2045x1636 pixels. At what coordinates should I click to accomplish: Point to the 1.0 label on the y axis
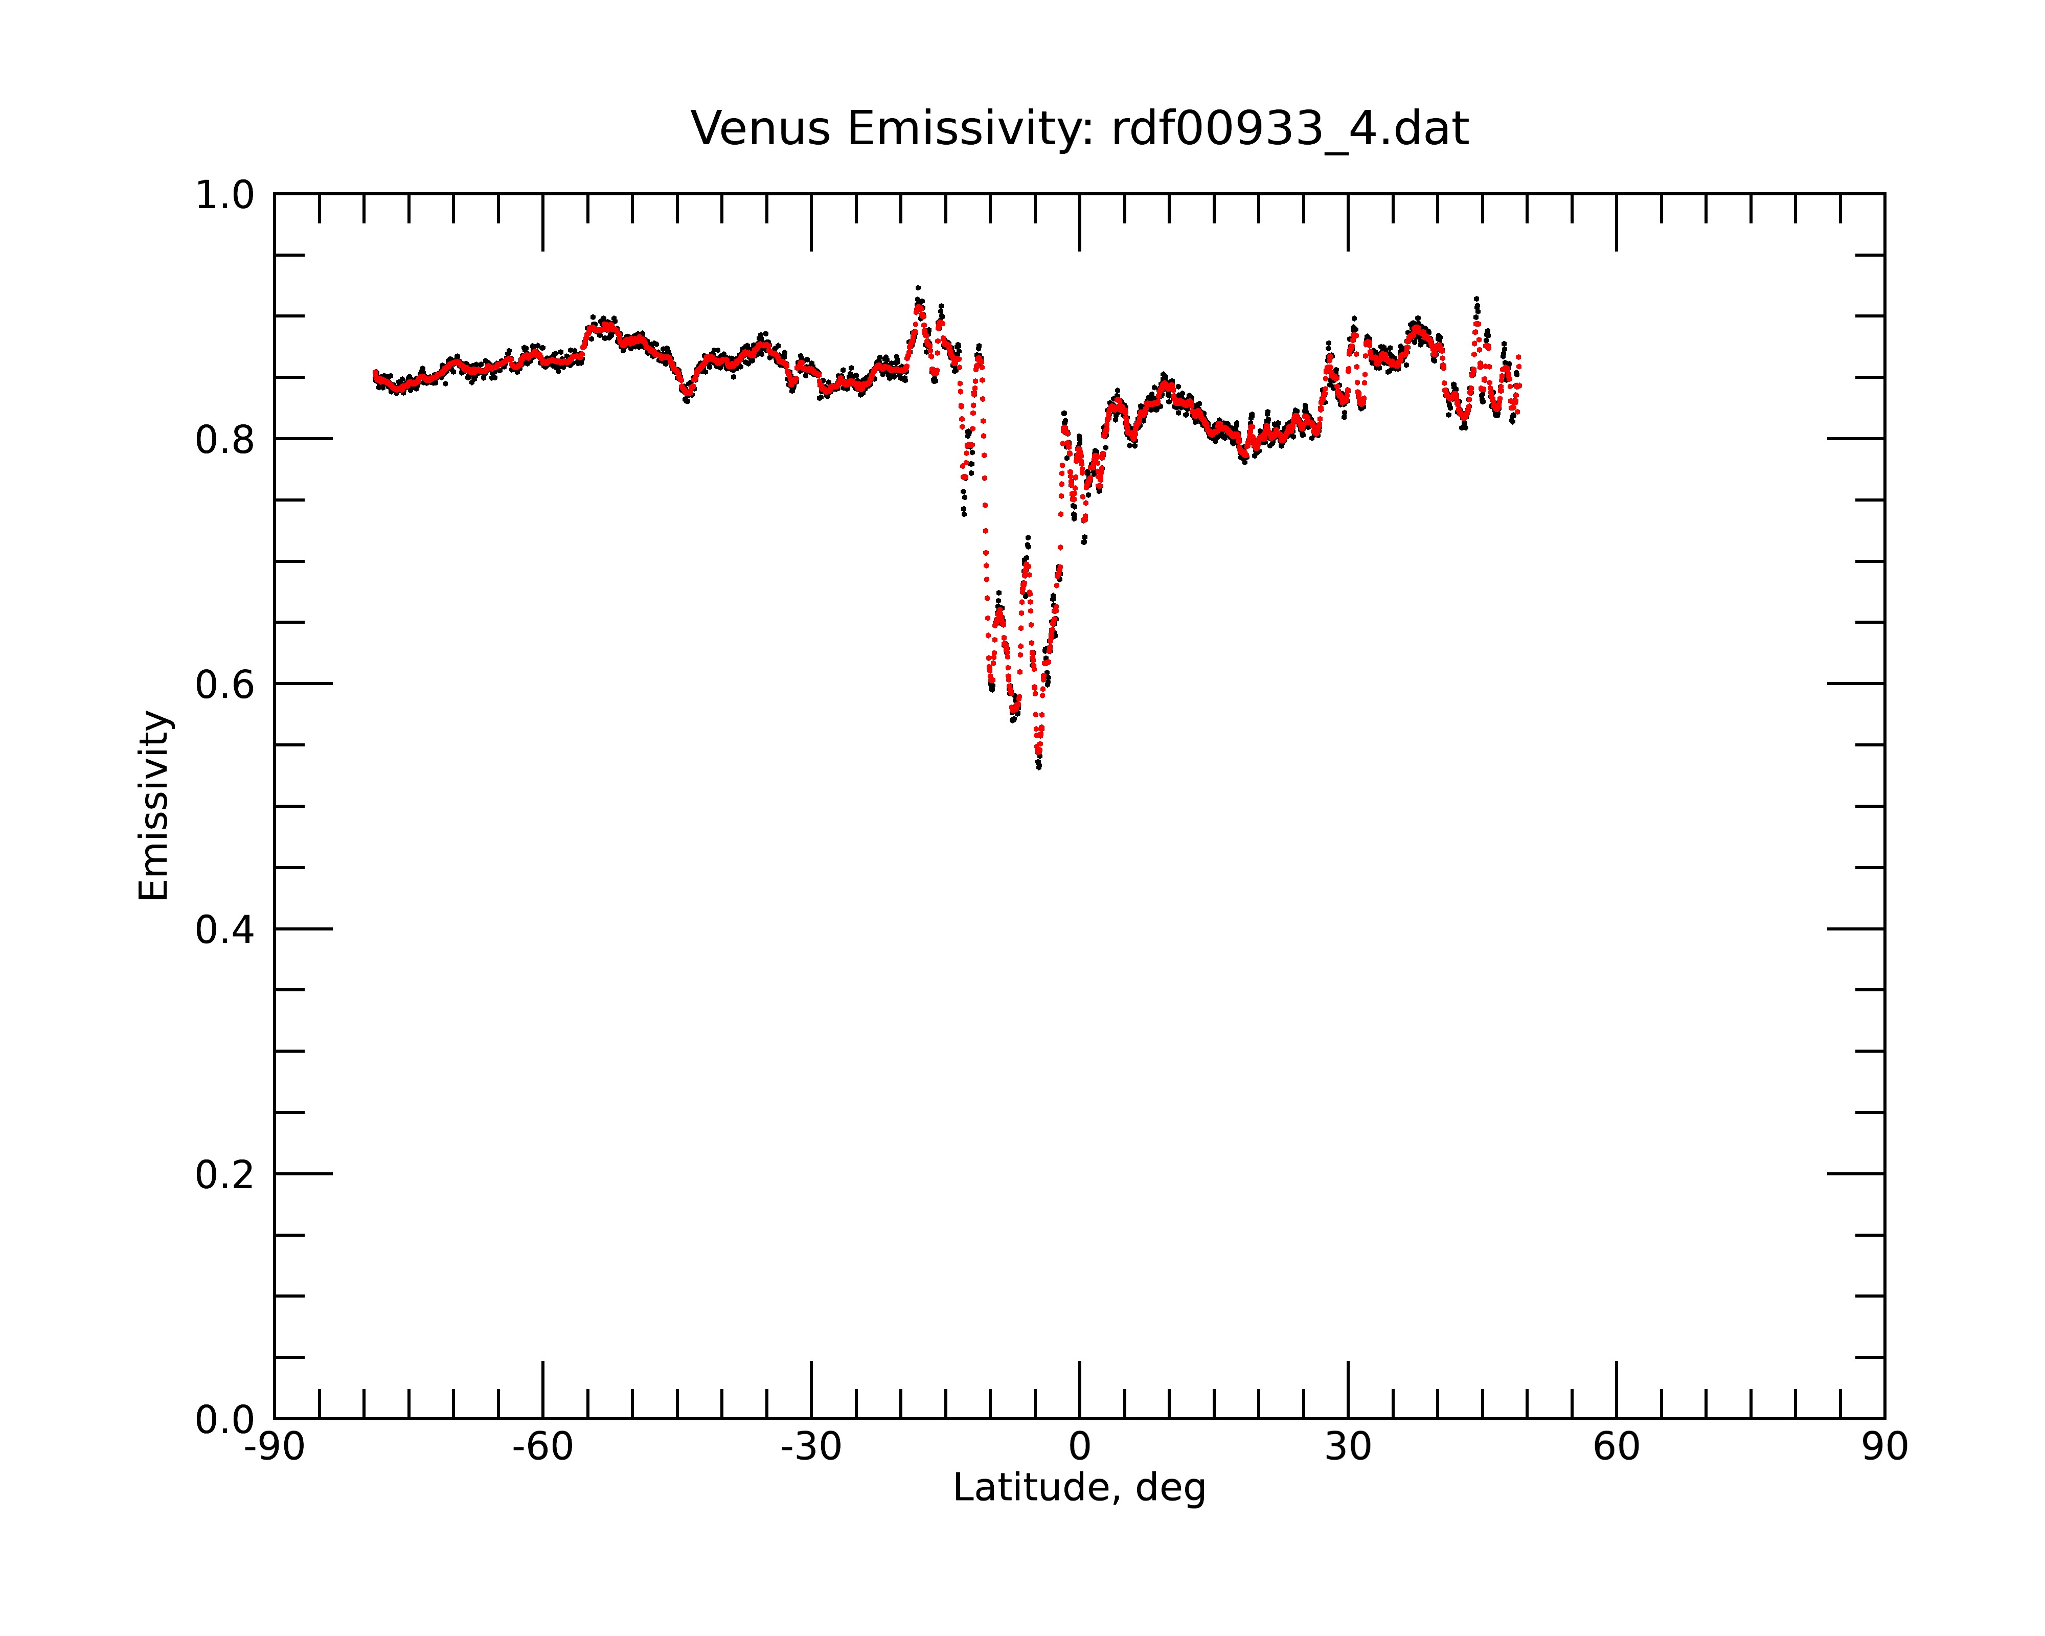point(225,195)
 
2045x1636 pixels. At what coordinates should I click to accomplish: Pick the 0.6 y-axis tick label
point(225,685)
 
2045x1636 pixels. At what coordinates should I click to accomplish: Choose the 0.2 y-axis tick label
point(225,1175)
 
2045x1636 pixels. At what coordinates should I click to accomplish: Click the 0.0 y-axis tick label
point(225,1420)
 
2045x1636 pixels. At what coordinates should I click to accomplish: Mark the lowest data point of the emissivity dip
point(1039,766)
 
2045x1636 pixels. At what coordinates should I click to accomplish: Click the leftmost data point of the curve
point(375,373)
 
